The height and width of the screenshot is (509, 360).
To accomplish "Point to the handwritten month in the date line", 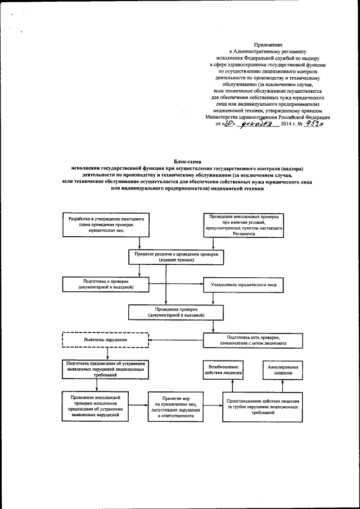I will (x=256, y=125).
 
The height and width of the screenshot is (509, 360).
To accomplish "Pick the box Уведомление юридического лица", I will (x=243, y=285).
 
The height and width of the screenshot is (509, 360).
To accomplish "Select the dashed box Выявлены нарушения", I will (x=104, y=340).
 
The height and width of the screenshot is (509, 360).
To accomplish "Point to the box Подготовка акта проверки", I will (x=245, y=340).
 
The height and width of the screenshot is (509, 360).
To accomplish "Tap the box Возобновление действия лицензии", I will (x=223, y=370).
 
